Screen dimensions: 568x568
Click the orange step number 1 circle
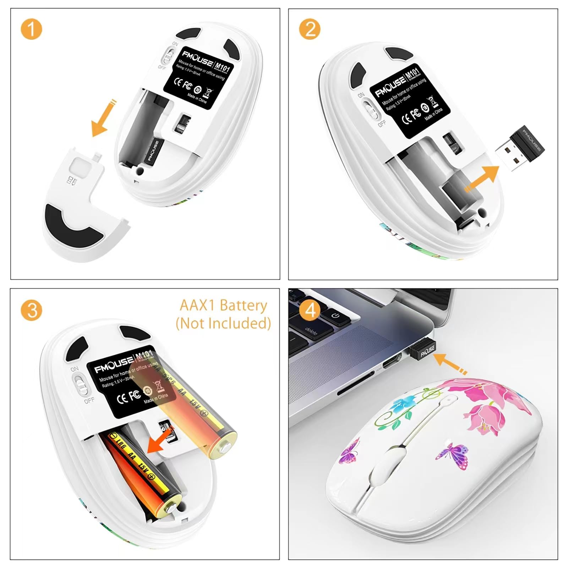(x=31, y=29)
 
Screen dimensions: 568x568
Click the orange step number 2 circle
(x=310, y=29)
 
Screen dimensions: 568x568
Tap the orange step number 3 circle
(x=31, y=310)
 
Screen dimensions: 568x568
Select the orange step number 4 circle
(x=310, y=310)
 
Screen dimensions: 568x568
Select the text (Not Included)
(x=223, y=323)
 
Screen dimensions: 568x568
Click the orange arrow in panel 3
(x=160, y=441)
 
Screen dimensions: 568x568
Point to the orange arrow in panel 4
(x=449, y=364)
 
